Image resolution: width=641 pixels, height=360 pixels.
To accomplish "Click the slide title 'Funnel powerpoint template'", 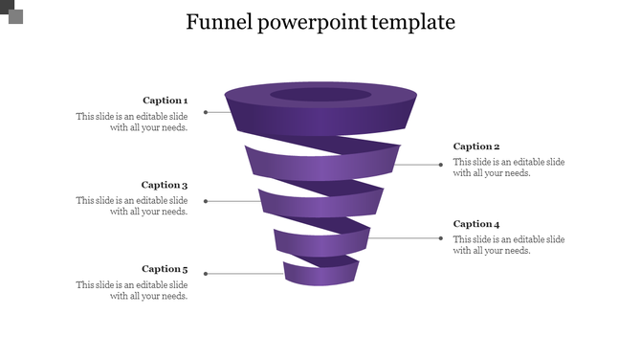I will pos(320,22).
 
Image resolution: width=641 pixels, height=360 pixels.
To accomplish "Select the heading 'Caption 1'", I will pos(165,100).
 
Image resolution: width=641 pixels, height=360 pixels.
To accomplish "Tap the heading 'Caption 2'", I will pos(476,146).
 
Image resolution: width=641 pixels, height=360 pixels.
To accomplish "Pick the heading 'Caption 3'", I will pos(165,185).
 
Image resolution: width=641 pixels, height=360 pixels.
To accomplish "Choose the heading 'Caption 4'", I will pos(476,224).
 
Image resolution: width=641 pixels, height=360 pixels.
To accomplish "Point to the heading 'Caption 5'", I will pos(165,269).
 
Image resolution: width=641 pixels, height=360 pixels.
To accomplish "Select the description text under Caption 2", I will pos(509,168).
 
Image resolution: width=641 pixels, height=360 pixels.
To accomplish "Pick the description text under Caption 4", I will pos(509,245).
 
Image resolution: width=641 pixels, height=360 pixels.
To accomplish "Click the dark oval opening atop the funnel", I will pos(320,95).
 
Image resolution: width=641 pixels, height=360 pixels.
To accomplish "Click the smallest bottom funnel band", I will pos(320,276).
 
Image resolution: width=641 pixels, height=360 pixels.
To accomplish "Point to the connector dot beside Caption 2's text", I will pos(441,165).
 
